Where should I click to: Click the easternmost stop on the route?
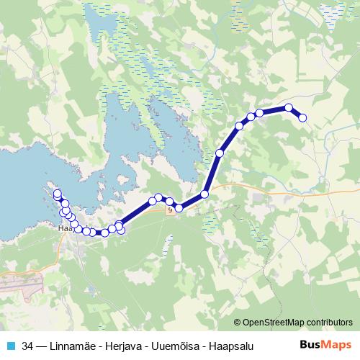click(302, 117)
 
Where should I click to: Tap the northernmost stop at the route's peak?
click(289, 108)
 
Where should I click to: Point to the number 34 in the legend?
click(27, 346)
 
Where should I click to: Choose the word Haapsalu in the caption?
click(231, 346)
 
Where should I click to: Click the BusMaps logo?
click(326, 345)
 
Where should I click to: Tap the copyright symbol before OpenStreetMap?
click(238, 323)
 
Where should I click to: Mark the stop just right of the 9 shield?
click(179, 208)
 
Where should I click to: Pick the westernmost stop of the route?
click(57, 193)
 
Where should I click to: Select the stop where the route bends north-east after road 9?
click(204, 194)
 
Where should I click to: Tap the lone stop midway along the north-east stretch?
click(220, 153)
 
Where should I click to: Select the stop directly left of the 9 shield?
click(158, 198)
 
